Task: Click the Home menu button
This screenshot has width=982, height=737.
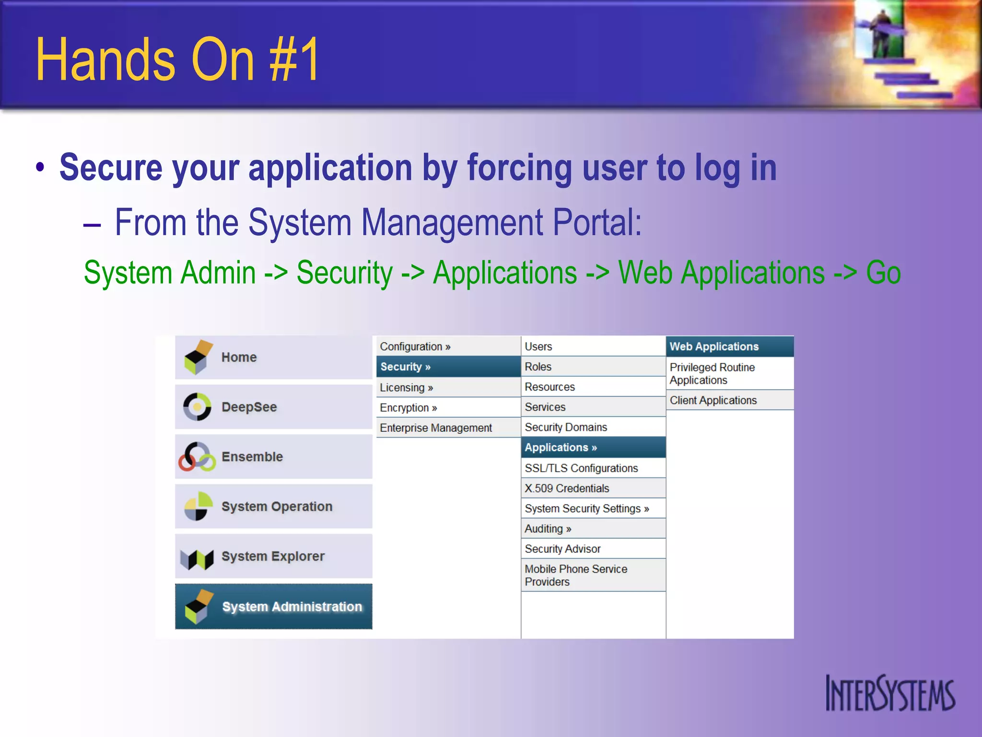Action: pyautogui.click(x=273, y=357)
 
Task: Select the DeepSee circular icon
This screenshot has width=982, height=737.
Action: pyautogui.click(x=197, y=407)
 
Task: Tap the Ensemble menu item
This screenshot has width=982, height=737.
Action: pyautogui.click(x=273, y=457)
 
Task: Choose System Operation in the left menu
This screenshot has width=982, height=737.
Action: pyautogui.click(x=273, y=507)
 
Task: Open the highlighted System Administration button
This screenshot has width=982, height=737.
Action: pyautogui.click(x=273, y=606)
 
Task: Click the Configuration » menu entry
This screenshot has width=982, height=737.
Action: pyautogui.click(x=448, y=346)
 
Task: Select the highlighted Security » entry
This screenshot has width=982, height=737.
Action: pyautogui.click(x=448, y=367)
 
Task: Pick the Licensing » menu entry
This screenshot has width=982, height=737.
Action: pyautogui.click(x=448, y=388)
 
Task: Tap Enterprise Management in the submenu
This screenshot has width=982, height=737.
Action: pyautogui.click(x=448, y=428)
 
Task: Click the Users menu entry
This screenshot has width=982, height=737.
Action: pyautogui.click(x=593, y=346)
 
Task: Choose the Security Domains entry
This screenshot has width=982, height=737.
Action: pyautogui.click(x=593, y=427)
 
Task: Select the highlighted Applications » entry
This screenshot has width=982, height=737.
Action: pyautogui.click(x=593, y=448)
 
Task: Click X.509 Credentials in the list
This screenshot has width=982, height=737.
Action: pyautogui.click(x=593, y=488)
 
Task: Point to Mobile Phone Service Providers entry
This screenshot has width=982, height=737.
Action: pyautogui.click(x=593, y=575)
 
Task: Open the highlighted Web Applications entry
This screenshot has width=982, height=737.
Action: pyautogui.click(x=729, y=347)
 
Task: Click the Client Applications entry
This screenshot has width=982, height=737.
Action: pyautogui.click(x=729, y=400)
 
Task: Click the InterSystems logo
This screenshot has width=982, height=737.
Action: pyautogui.click(x=890, y=693)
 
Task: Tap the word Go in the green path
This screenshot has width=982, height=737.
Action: pyautogui.click(x=883, y=273)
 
